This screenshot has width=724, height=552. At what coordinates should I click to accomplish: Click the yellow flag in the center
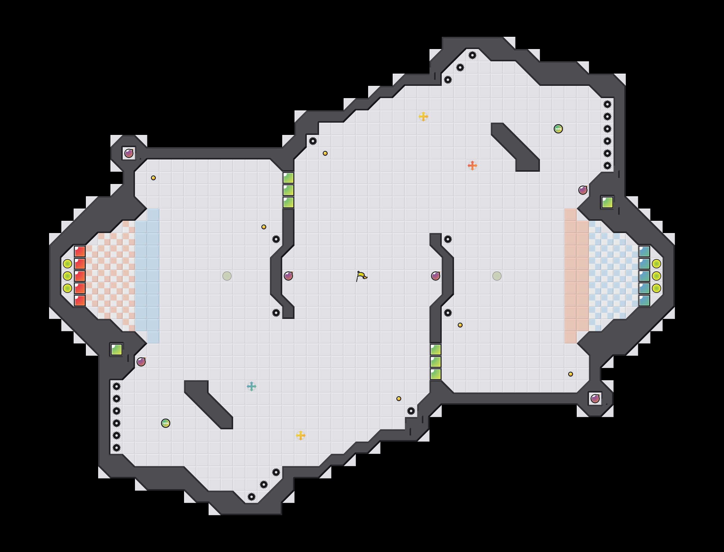361,276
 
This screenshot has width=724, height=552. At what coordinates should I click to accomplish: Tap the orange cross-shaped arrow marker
472,166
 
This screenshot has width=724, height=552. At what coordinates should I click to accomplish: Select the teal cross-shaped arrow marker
252,386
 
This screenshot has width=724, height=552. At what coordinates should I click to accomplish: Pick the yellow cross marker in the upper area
423,116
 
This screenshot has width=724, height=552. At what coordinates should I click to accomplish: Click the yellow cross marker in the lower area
300,435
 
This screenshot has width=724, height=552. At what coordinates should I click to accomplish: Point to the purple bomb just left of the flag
288,276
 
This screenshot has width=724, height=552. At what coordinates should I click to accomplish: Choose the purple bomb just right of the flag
435,276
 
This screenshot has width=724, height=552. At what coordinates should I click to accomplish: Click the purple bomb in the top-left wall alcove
129,153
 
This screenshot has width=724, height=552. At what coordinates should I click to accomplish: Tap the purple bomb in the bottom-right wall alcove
595,399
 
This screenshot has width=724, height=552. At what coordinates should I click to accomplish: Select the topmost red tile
80,252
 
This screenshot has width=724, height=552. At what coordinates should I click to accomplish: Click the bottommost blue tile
644,300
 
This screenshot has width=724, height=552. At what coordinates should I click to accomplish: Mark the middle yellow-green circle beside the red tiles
67,276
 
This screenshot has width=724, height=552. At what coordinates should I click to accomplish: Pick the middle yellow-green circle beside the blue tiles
656,276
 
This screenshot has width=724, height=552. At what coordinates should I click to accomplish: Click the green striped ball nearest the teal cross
166,423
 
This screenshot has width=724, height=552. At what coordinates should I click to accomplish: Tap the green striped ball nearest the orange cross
558,129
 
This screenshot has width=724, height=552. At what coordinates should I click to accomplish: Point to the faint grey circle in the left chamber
227,276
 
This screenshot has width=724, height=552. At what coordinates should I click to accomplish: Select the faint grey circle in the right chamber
497,276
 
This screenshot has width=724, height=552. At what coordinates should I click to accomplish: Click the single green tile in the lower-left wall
117,350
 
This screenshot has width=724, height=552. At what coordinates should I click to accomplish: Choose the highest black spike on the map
472,55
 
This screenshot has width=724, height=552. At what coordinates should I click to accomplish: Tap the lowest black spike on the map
252,497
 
